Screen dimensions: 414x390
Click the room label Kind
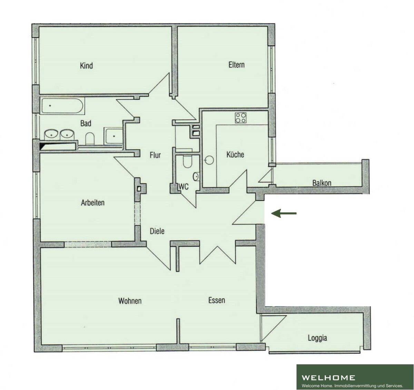tap(86, 66)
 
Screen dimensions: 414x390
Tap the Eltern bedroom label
tap(236, 65)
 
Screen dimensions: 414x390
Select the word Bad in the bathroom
tap(86, 123)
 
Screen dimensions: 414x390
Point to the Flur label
tap(155, 155)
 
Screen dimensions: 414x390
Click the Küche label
tap(235, 154)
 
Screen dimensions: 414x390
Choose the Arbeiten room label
tap(92, 203)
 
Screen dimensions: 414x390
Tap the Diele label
tap(157, 231)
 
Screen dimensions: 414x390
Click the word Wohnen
tap(130, 301)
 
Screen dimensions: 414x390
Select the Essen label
tap(217, 300)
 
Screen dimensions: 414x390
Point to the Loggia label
tap(317, 338)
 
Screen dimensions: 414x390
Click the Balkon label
tap(322, 183)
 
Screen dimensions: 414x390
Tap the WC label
tap(184, 187)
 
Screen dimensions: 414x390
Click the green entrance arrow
tap(284, 213)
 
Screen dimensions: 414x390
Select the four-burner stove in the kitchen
tap(240, 118)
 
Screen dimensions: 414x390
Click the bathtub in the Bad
tap(62, 106)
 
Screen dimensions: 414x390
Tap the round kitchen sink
tap(209, 160)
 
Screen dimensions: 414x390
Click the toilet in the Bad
tap(90, 138)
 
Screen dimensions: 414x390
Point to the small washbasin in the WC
tap(196, 177)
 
